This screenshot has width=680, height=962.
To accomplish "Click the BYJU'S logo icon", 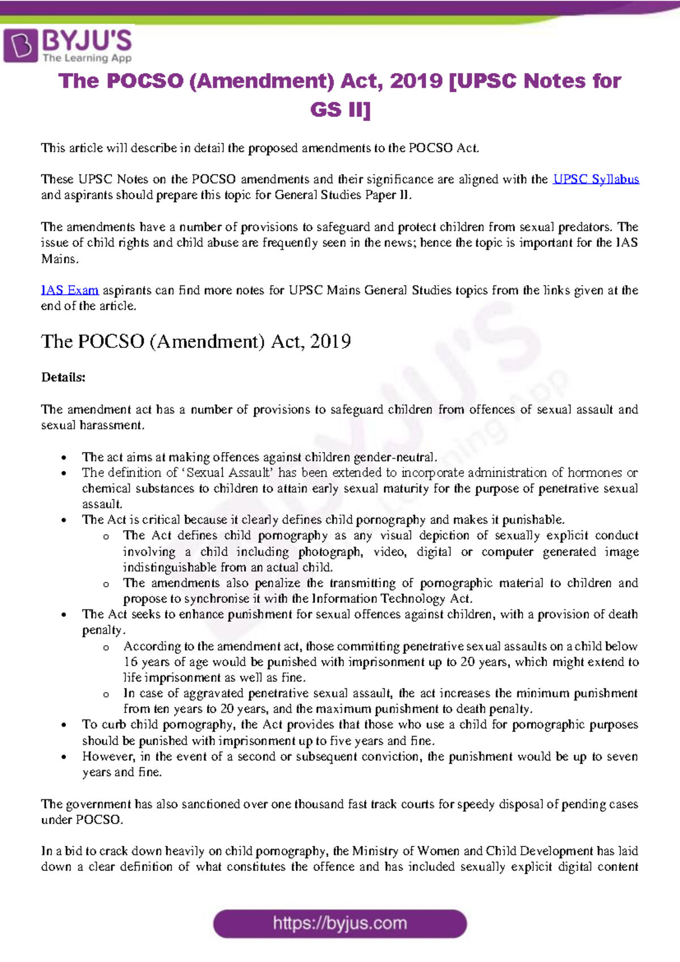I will point(21,45).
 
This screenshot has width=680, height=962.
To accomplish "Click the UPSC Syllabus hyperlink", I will point(596,180).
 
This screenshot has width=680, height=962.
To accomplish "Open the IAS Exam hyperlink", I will point(70,291).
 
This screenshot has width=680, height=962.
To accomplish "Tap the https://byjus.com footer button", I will point(339,923).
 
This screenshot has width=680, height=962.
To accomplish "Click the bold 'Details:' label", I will point(63,377).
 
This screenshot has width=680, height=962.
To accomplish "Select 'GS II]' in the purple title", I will point(340,109).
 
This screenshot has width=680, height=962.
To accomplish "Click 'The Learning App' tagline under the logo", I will point(87,58).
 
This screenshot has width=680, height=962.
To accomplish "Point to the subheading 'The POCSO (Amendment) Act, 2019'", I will point(195,342).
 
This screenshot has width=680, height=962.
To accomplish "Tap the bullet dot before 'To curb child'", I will point(65,725).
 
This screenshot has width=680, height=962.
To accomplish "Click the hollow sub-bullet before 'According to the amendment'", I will point(106,647).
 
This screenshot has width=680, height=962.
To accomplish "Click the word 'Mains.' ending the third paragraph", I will point(59,259).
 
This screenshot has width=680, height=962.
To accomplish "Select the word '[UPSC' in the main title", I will point(482,81).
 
